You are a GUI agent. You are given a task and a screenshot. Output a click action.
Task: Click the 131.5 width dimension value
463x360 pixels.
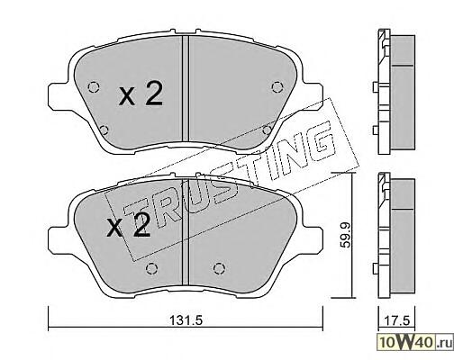(186, 320)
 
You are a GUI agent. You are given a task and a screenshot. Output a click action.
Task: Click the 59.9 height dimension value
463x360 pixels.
(346, 238)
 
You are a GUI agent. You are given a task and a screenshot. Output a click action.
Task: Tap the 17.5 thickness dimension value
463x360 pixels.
(397, 320)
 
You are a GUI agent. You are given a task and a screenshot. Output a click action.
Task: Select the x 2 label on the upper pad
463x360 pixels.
(141, 94)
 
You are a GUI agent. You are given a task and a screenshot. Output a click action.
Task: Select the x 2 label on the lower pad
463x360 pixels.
(129, 225)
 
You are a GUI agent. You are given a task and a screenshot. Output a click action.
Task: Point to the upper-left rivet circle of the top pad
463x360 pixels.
(94, 87)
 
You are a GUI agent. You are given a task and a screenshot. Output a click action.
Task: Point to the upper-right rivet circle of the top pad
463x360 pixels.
(277, 87)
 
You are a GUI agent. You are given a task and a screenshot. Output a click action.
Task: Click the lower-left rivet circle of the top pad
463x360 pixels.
(104, 130)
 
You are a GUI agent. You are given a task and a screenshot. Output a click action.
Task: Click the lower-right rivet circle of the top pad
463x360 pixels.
(267, 130)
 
